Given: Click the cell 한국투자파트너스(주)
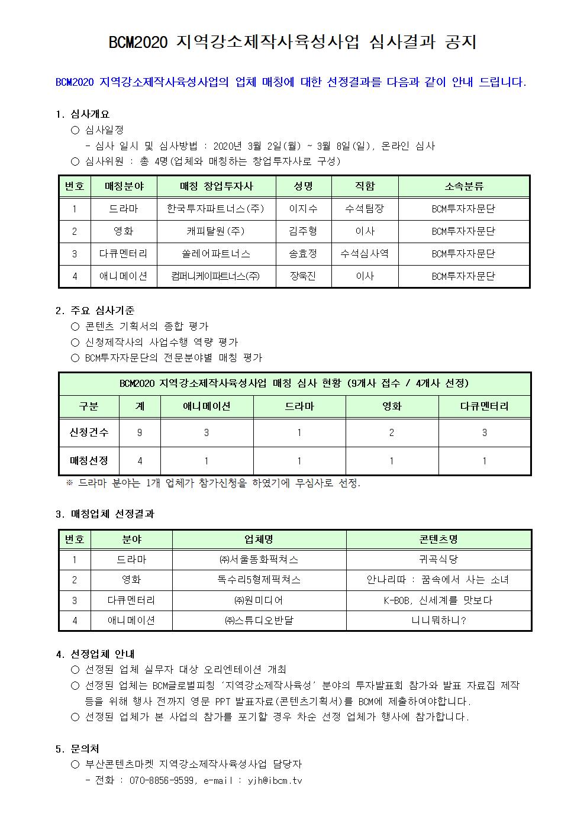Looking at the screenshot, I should coord(216,209).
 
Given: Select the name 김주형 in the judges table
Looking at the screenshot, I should coord(303,231).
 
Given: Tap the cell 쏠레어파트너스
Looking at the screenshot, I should coord(216,254).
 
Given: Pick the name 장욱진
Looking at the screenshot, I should coord(303,276).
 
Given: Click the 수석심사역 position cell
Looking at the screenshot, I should coord(365,254).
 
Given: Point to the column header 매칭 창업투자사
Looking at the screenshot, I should coord(216,186).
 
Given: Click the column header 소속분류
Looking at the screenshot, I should coord(463,186).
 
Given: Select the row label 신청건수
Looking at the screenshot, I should coord(89,432).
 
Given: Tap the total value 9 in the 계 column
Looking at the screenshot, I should coord(140,432).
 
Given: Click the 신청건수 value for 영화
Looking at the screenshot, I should coord(392,432).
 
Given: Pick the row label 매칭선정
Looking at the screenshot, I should coord(89,461).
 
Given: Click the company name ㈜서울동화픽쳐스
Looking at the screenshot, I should coord(259,559).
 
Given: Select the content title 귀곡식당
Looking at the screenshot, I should coord(438,559).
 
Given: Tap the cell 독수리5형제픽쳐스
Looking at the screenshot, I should coord(259,580).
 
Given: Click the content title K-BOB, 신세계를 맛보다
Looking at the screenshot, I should coord(438,600).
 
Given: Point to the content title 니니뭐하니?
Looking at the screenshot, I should coord(438,621).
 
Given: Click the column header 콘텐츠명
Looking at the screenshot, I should coord(438,539).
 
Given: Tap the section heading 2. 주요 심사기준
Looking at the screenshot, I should coord(95,310).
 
